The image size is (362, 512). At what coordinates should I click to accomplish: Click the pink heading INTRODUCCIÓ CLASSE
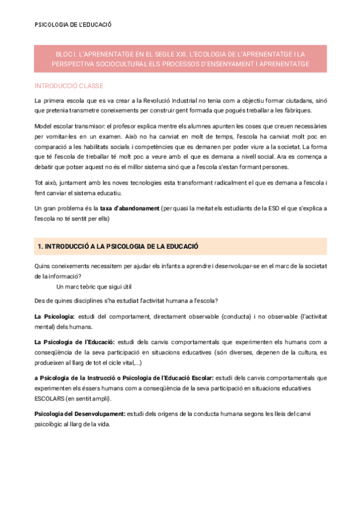pyautogui.click(x=68, y=86)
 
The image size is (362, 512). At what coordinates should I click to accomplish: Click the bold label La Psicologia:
pyautogui.click(x=54, y=317)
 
